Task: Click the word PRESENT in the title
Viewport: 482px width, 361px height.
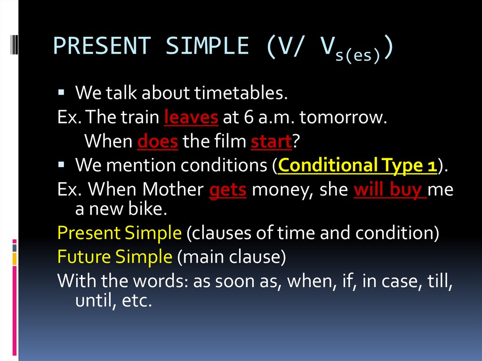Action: click(x=102, y=46)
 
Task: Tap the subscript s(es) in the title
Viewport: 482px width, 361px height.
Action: click(x=358, y=56)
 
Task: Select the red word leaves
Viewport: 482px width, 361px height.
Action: click(x=191, y=117)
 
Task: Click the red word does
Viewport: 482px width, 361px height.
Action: click(x=157, y=141)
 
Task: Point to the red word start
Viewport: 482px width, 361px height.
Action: click(x=271, y=141)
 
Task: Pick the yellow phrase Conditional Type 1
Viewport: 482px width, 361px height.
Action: click(x=357, y=165)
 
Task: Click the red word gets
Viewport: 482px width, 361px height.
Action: click(x=228, y=190)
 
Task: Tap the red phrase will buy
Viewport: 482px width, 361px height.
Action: click(x=390, y=189)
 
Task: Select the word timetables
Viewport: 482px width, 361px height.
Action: click(x=241, y=93)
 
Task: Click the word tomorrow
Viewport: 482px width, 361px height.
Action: click(x=343, y=117)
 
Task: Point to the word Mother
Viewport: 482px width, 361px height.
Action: click(x=173, y=189)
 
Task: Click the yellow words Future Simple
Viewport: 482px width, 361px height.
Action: click(x=115, y=257)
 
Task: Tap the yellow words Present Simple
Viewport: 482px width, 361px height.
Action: click(x=119, y=233)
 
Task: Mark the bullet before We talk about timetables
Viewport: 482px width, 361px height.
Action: click(x=61, y=92)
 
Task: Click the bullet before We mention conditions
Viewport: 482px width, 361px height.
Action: click(x=61, y=165)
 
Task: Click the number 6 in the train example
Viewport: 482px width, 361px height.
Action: click(x=249, y=117)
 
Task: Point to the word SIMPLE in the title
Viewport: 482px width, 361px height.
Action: click(x=207, y=46)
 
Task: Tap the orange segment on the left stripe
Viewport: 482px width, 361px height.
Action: click(x=15, y=258)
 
